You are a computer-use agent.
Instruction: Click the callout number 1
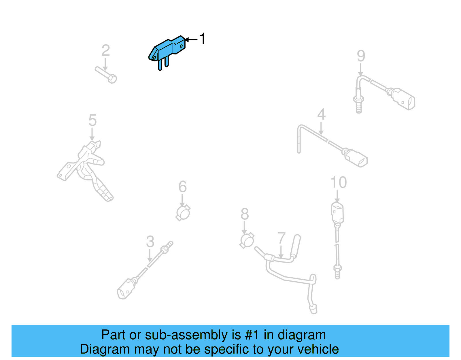coord(203,39)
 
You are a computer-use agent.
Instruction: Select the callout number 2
coord(105,50)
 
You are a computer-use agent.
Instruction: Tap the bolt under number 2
coord(106,75)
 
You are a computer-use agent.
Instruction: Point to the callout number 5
coord(92,120)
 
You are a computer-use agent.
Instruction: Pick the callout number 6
coord(182,187)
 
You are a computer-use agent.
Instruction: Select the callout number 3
coord(150,242)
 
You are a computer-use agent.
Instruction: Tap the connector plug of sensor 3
coord(126,289)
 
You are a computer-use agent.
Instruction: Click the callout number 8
coord(245,214)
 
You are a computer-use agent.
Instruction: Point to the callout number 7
coord(281,238)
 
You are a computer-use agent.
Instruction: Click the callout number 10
coord(338,182)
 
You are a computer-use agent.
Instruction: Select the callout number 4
coord(321,114)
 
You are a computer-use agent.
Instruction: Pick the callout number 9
coord(361,56)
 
